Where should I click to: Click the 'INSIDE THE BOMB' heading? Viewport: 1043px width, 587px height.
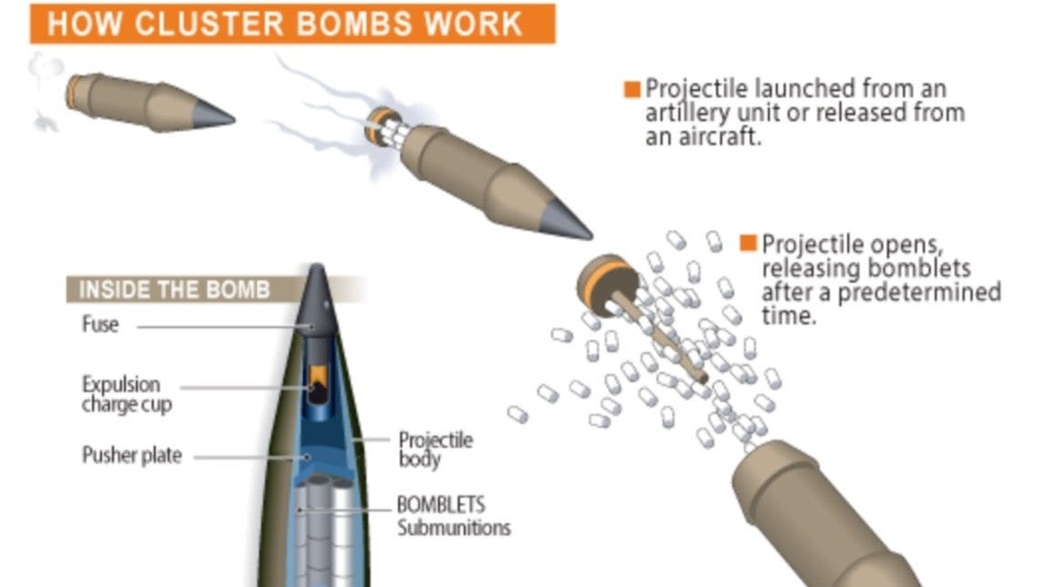pyautogui.click(x=174, y=290)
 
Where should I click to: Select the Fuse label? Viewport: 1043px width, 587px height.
pyautogui.click(x=100, y=324)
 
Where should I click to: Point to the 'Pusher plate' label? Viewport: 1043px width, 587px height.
pyautogui.click(x=131, y=455)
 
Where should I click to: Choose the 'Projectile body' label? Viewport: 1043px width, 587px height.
pyautogui.click(x=435, y=448)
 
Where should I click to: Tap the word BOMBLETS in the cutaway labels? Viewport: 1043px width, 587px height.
pyautogui.click(x=441, y=505)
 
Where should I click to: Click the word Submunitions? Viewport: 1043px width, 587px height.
pyautogui.click(x=453, y=528)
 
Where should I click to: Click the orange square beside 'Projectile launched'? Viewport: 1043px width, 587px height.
pyautogui.click(x=632, y=89)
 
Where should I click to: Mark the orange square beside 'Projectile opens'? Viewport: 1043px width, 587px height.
pyautogui.click(x=748, y=243)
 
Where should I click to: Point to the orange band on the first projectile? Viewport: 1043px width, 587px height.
pyautogui.click(x=70, y=90)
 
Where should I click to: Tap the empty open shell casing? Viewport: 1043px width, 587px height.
pyautogui.click(x=811, y=520)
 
